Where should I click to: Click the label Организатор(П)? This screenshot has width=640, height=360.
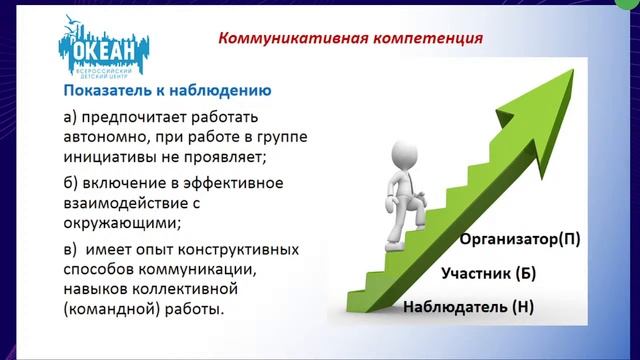(x=519, y=240)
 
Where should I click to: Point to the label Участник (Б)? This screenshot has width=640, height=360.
(x=490, y=273)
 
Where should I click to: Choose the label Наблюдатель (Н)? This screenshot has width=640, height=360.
(x=468, y=307)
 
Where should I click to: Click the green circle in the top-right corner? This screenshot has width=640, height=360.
(x=631, y=6)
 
